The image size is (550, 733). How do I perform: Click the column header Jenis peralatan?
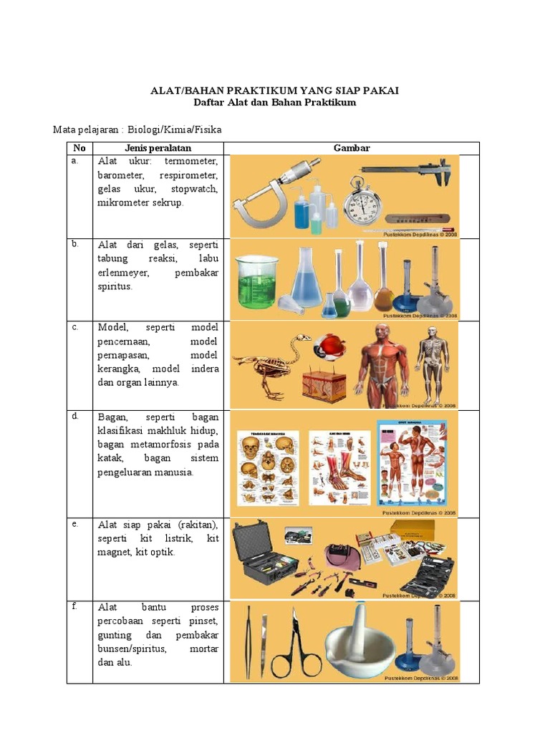point(158,148)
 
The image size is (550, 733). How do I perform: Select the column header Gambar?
point(351,148)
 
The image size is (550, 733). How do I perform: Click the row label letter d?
point(74,416)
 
